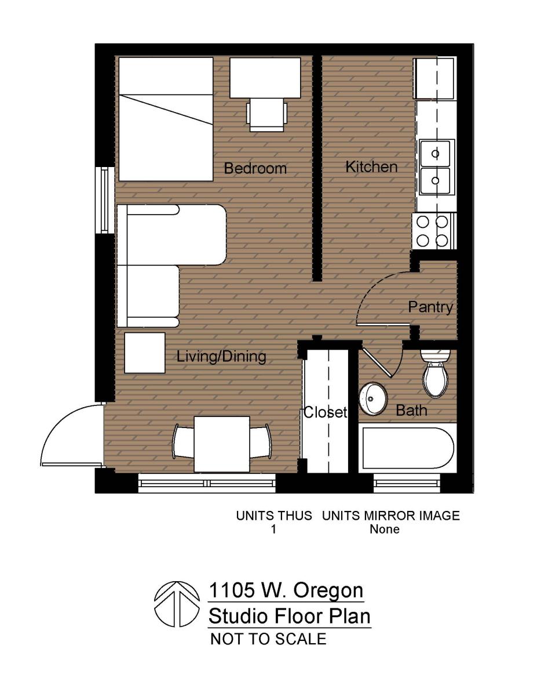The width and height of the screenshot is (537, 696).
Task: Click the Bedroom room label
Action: click(255, 169)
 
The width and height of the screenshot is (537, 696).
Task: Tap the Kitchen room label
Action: click(371, 167)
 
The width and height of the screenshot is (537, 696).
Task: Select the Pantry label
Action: click(430, 307)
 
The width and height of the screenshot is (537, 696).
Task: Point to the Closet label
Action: click(325, 412)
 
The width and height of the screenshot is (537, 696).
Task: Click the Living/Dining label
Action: click(221, 356)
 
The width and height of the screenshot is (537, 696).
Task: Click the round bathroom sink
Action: click(372, 399)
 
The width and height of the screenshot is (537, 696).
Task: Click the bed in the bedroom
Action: click(166, 119)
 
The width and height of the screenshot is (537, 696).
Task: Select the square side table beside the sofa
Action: click(145, 352)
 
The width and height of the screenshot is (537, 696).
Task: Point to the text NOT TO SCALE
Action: click(268, 639)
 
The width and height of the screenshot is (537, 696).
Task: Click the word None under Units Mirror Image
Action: click(385, 529)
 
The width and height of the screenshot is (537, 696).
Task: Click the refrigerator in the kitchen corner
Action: click(434, 78)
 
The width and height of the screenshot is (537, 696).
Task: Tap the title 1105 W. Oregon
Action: click(286, 590)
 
